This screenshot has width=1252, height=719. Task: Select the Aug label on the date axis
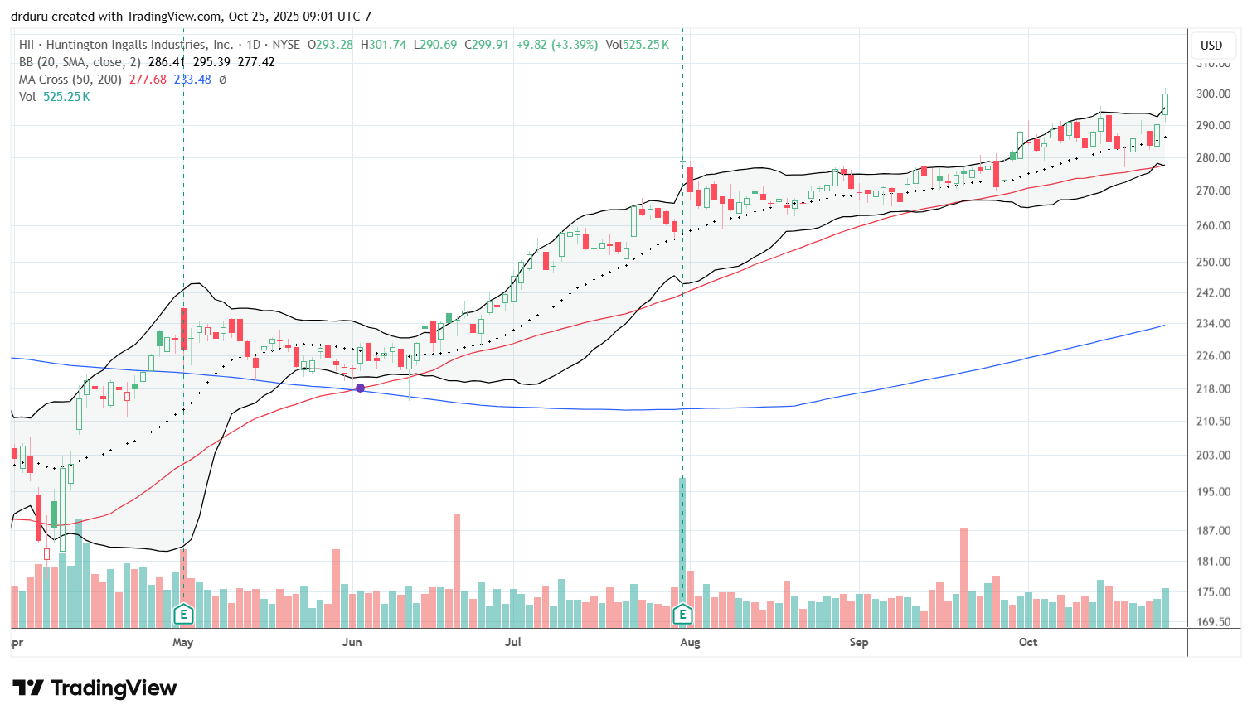690,642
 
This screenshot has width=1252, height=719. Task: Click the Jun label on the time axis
352,642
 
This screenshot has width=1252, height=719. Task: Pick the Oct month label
1028,642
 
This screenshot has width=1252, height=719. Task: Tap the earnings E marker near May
183,615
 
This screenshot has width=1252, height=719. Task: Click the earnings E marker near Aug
682,615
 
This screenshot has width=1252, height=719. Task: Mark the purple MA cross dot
360,388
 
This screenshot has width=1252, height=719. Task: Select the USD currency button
1211,46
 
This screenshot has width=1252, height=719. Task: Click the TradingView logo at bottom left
95,688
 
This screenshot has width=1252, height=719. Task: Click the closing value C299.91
487,45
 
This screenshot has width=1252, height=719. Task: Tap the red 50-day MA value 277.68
148,80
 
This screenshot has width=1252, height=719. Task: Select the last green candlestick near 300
1165,104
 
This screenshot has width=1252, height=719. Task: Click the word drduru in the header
30,17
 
